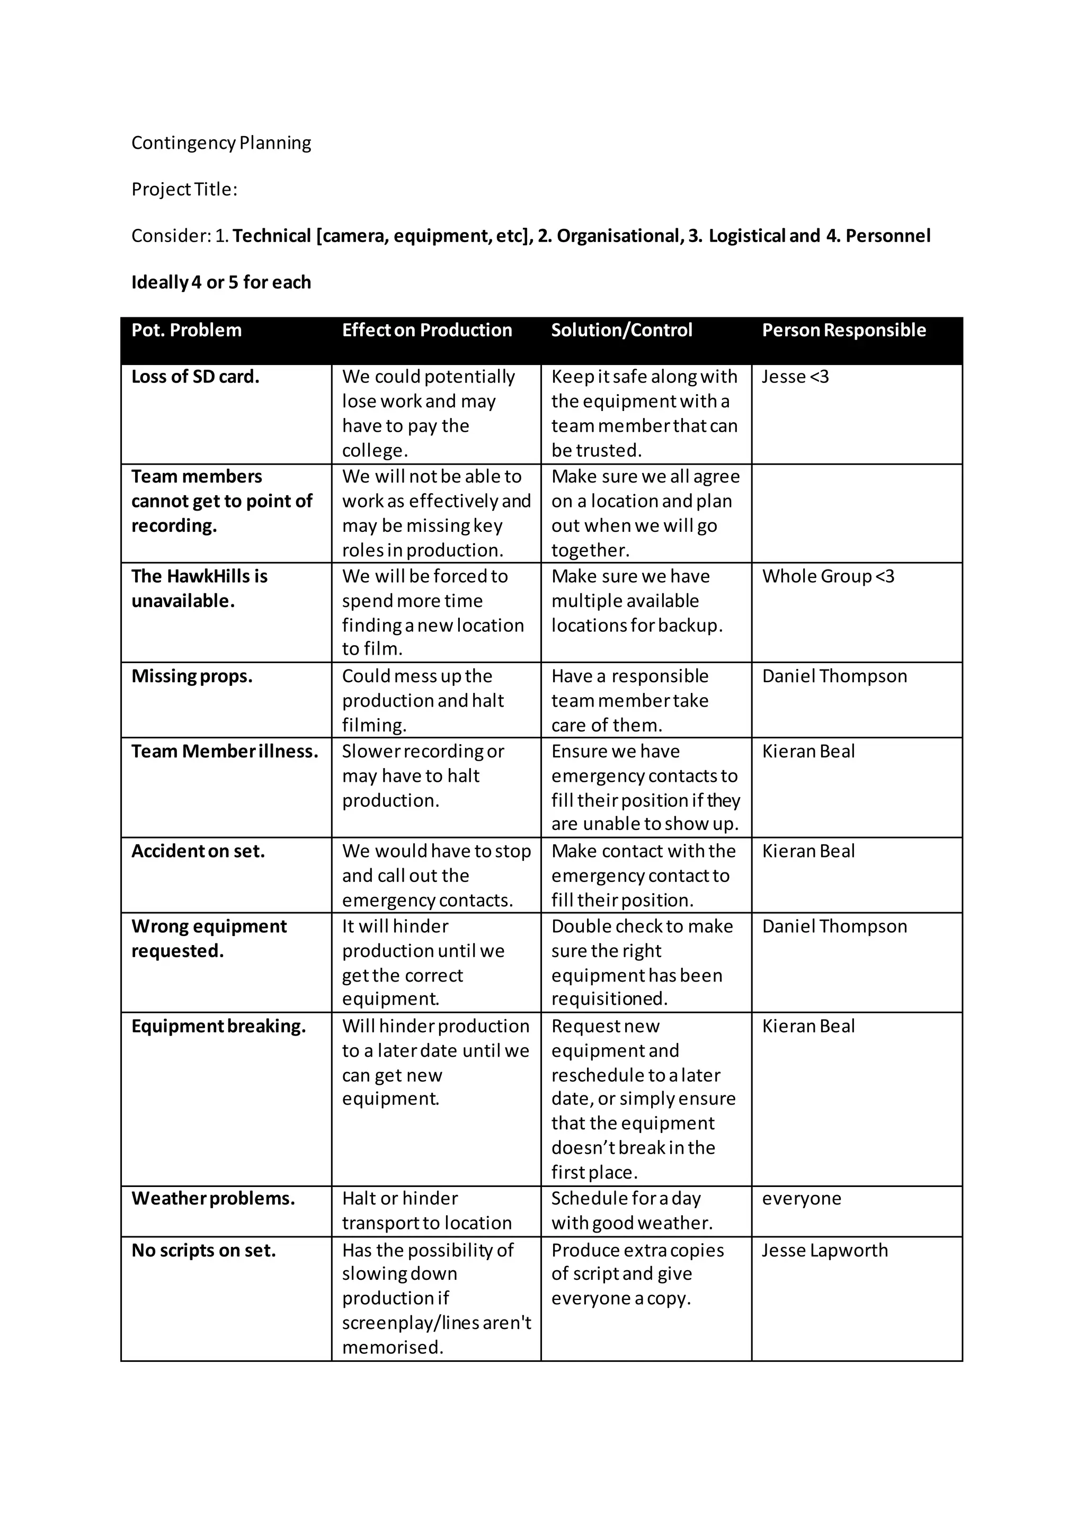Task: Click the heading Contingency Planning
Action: [221, 143]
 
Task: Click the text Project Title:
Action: [184, 190]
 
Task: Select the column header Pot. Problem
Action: [186, 330]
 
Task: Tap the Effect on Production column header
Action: [427, 330]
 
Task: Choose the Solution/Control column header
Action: [621, 330]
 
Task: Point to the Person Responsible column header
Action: [844, 330]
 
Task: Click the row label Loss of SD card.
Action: [195, 377]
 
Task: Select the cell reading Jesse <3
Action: [795, 377]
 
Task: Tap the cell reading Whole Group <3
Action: [828, 577]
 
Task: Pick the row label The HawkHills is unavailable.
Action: [199, 588]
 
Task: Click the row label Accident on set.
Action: [198, 851]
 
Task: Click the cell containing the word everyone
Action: [801, 1199]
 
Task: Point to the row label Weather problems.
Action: [213, 1199]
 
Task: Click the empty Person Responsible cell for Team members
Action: [857, 513]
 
